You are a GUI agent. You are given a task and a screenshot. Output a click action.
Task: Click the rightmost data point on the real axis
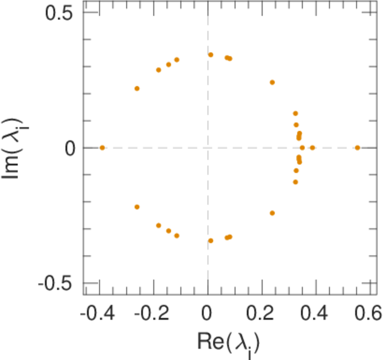(x=357, y=148)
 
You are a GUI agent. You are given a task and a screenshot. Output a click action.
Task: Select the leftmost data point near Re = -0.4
(x=102, y=148)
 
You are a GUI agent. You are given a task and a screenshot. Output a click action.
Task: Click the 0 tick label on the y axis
(x=70, y=148)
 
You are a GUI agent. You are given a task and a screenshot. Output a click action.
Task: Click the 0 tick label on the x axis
(x=207, y=313)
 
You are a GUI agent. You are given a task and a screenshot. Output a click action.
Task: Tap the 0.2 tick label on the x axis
(x=261, y=313)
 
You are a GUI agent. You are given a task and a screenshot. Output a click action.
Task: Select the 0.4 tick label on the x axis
(x=315, y=313)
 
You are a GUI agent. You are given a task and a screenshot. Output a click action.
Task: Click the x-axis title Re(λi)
(x=229, y=343)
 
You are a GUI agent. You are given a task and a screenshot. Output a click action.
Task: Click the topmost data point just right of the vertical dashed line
(x=211, y=55)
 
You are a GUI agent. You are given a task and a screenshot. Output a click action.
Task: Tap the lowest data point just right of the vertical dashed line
(x=211, y=241)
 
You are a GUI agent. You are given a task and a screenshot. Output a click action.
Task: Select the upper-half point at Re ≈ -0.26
(x=137, y=88)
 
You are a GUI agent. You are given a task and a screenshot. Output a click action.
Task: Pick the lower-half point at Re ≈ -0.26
(x=137, y=207)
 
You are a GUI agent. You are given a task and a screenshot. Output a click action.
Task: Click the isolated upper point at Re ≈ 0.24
(x=272, y=82)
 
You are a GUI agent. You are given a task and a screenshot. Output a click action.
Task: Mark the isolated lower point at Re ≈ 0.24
(x=272, y=213)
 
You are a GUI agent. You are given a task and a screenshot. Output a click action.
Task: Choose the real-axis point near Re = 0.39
(x=312, y=148)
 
